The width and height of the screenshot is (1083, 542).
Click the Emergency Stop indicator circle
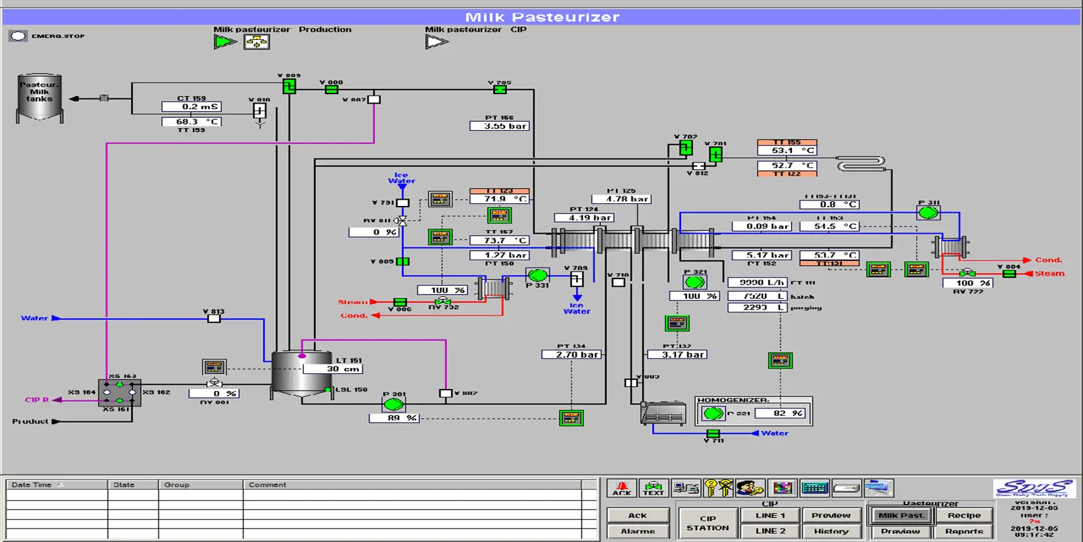[18, 36]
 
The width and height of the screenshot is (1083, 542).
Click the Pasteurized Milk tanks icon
[39, 98]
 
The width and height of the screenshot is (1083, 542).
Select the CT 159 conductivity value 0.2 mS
[192, 106]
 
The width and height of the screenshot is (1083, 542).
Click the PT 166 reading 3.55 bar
[500, 126]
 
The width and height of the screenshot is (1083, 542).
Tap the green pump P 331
[537, 275]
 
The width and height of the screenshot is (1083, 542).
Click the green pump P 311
[928, 212]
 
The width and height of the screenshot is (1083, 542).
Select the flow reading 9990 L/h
[757, 283]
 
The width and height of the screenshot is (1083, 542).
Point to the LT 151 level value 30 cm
[332, 369]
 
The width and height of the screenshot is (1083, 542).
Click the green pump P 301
[393, 404]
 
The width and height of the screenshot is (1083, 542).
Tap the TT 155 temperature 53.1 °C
[787, 150]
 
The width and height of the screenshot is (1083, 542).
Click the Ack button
[638, 515]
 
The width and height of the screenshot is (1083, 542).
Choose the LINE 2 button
[770, 530]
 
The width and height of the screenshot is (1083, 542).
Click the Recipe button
[964, 515]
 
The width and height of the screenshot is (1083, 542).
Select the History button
[831, 530]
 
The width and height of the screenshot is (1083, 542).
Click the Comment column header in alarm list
[267, 484]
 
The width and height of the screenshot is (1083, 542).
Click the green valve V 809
[289, 86]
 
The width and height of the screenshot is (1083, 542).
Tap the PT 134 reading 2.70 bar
[571, 354]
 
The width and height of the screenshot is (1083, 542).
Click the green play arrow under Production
[224, 42]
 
